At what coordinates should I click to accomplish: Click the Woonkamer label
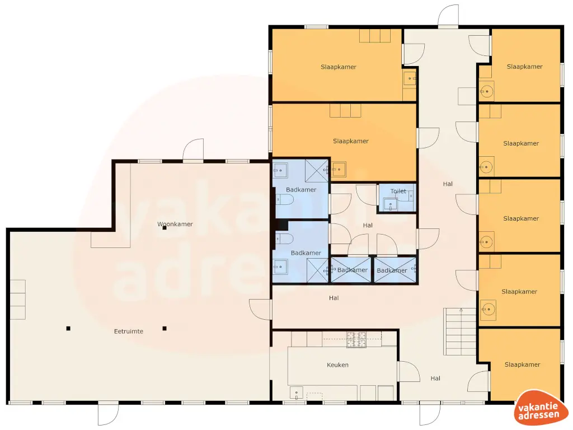point(175,224)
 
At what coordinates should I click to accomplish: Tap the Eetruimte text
point(129,331)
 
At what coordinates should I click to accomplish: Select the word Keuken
point(337,365)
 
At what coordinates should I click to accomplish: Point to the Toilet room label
point(398,191)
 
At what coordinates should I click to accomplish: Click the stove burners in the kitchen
point(356,339)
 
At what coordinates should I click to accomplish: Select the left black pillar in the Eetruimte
point(68,328)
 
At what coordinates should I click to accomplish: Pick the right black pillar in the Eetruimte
point(165,328)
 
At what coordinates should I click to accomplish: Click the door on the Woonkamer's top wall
point(194,151)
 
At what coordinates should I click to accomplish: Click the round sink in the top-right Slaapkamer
point(486,90)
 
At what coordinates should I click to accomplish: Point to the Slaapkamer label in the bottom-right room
point(522,364)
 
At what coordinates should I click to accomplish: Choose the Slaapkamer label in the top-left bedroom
point(339,67)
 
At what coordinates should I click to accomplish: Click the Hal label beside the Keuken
point(435,378)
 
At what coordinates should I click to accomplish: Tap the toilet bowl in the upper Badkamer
point(281,199)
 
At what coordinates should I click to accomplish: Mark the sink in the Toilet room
point(390,204)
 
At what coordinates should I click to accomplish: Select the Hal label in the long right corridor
point(448,184)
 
